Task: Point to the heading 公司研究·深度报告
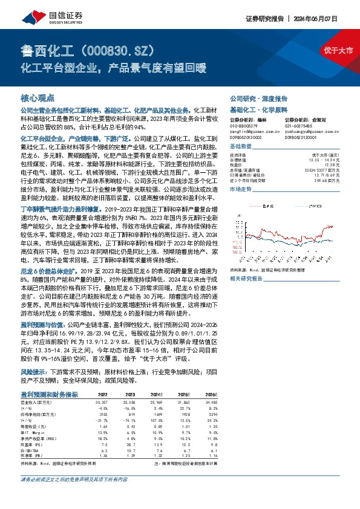point(253,98)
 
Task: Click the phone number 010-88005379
point(244,126)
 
